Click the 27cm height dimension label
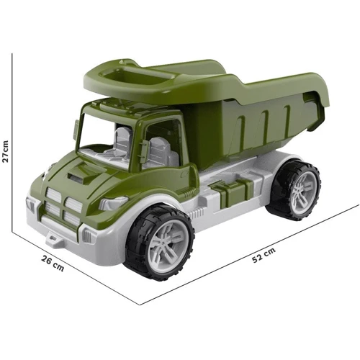click(5, 151)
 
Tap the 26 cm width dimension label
click(53, 264)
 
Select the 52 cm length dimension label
click(264, 255)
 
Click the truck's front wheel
click(160, 241)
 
